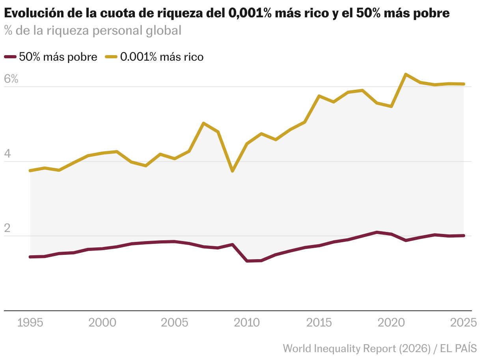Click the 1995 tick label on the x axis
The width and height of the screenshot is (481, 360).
[x=31, y=323]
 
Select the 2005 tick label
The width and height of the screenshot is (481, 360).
[x=175, y=323]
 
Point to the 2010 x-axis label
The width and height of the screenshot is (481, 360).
[x=247, y=323]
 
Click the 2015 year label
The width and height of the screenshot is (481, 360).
[x=319, y=323]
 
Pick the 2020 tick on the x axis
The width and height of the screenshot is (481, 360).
[x=391, y=323]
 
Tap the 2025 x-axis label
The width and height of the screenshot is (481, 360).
[x=463, y=323]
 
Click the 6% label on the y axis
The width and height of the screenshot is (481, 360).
[x=11, y=79]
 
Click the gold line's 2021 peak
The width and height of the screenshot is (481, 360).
[x=406, y=74]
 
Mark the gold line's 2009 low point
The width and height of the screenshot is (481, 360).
[x=233, y=171]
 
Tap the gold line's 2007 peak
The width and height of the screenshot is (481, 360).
[x=203, y=123]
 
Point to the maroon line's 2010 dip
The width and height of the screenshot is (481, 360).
[x=247, y=261]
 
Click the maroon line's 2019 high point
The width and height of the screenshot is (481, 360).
[x=377, y=232]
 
